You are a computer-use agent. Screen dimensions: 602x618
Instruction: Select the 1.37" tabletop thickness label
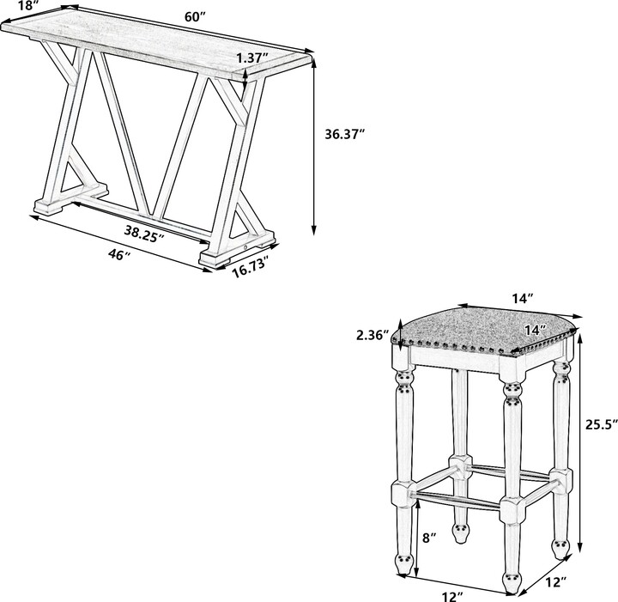(252, 58)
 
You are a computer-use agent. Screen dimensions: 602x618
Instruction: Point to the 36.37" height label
(345, 134)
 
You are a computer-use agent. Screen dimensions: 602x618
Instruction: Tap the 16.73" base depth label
(250, 268)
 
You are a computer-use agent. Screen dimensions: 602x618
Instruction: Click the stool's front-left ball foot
(403, 563)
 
